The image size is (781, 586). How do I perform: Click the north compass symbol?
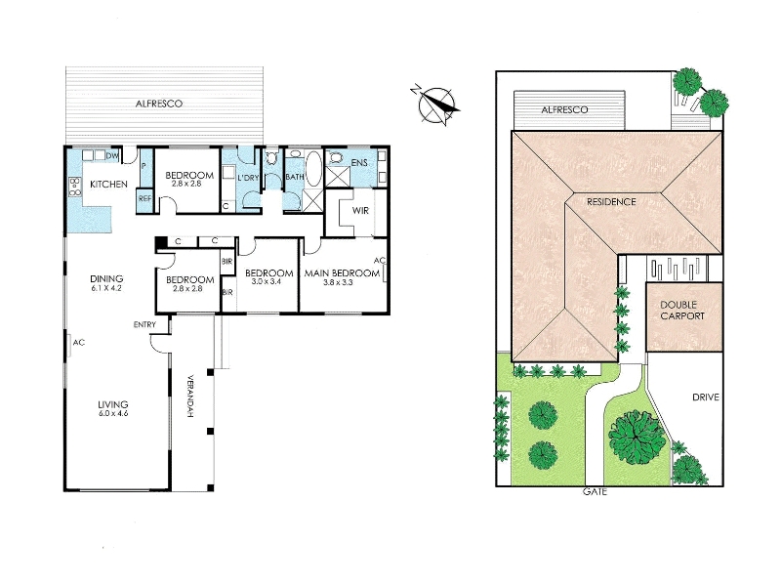click(434, 104)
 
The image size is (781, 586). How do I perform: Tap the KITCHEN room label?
click(108, 185)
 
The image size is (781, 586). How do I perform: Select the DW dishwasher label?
click(112, 156)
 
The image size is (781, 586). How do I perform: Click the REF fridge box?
click(144, 198)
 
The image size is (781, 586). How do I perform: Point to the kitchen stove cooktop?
click(75, 187)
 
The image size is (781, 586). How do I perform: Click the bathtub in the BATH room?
click(313, 168)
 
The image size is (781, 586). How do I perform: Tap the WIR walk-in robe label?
click(360, 211)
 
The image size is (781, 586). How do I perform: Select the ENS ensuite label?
click(359, 163)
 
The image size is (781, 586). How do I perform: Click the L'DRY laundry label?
click(248, 178)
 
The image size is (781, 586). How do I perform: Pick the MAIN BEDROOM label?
click(343, 273)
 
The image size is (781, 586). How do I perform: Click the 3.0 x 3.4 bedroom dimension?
click(269, 281)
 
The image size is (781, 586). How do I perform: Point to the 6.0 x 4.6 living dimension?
click(113, 413)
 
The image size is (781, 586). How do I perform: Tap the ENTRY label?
click(144, 325)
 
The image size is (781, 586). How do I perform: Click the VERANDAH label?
click(189, 397)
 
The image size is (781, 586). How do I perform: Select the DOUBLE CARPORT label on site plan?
click(682, 310)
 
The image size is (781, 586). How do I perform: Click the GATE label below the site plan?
click(595, 492)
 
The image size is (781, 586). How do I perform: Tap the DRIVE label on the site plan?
click(706, 398)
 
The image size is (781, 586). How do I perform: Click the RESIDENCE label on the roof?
click(611, 202)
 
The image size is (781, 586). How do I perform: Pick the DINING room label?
click(106, 278)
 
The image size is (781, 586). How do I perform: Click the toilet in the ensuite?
click(336, 158)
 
